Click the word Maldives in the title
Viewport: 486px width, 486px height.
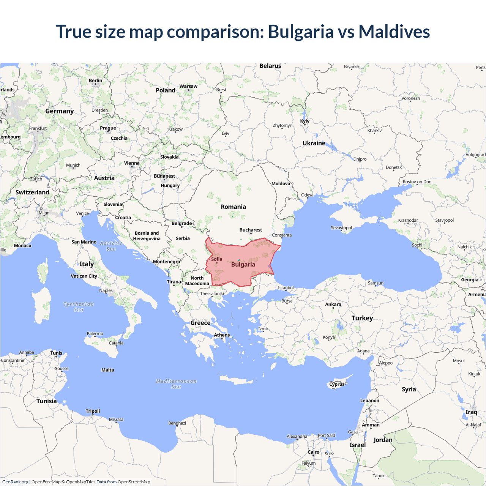(x=394, y=32)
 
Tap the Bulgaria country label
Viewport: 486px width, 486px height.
(x=243, y=265)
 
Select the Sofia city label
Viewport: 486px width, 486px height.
(x=217, y=259)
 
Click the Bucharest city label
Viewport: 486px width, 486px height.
(x=251, y=230)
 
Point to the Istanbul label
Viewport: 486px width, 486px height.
(x=286, y=287)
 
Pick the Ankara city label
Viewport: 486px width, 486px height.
(x=333, y=304)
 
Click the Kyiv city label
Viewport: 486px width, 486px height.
(x=305, y=121)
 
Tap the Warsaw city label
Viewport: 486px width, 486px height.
(x=188, y=86)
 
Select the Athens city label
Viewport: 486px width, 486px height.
(x=222, y=335)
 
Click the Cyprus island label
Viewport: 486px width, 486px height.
(x=337, y=384)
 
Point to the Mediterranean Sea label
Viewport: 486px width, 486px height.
(x=176, y=384)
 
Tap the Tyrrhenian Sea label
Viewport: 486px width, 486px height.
(x=79, y=307)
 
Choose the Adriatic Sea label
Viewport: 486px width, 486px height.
(x=111, y=246)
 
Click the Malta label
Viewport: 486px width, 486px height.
(x=108, y=370)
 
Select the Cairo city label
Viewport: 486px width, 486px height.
(x=313, y=452)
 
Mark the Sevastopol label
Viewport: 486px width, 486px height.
(x=341, y=228)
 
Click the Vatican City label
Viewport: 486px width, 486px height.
(x=84, y=276)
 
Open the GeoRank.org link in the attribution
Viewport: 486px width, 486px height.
(x=15, y=482)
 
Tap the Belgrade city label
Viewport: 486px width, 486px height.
(x=181, y=223)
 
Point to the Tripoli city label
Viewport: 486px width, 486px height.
(x=93, y=411)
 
